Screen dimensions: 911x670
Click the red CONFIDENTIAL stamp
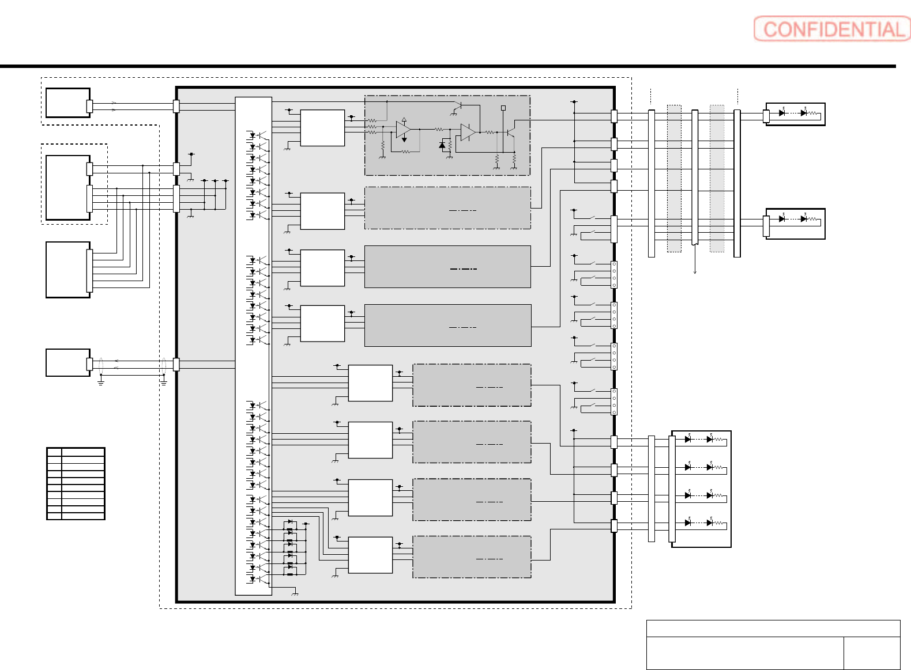coord(831,29)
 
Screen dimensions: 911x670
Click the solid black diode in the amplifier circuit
coord(442,145)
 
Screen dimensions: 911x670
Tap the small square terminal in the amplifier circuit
coord(503,108)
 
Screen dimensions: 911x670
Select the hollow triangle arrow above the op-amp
coord(404,120)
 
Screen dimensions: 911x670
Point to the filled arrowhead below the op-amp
coord(404,139)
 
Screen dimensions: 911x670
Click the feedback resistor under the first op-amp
coord(406,152)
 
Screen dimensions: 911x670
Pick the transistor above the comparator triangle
coord(459,107)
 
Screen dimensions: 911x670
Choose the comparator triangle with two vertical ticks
coord(468,133)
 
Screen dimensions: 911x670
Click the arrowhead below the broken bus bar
coord(695,271)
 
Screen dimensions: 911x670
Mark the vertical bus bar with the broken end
coord(695,177)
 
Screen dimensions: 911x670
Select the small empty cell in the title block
coord(871,653)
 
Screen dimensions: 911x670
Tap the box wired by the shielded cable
coord(68,363)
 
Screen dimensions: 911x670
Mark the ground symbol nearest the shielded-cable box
coord(101,381)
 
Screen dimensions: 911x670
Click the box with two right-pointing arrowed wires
coord(68,103)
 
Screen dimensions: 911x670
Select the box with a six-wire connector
coord(68,270)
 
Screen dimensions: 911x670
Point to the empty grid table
coord(76,484)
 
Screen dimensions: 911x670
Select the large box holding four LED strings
coord(701,489)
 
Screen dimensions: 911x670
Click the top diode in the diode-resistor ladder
coord(290,522)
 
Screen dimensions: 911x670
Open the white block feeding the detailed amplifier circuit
coord(322,128)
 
